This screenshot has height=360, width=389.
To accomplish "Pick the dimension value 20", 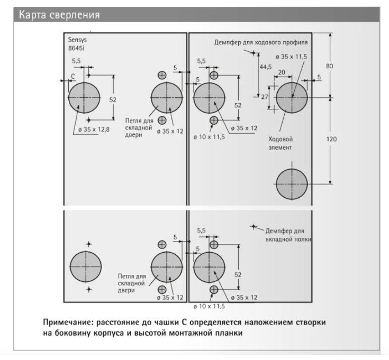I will (x=282, y=72).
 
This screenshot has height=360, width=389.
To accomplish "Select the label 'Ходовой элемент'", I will (x=281, y=143).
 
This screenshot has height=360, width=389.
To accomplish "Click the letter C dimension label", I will (x=73, y=77).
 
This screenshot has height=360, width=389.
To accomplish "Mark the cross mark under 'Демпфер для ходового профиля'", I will (x=254, y=53).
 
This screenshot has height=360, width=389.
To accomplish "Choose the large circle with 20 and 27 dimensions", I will (x=292, y=97).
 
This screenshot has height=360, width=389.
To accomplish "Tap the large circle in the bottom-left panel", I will (x=85, y=266).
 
